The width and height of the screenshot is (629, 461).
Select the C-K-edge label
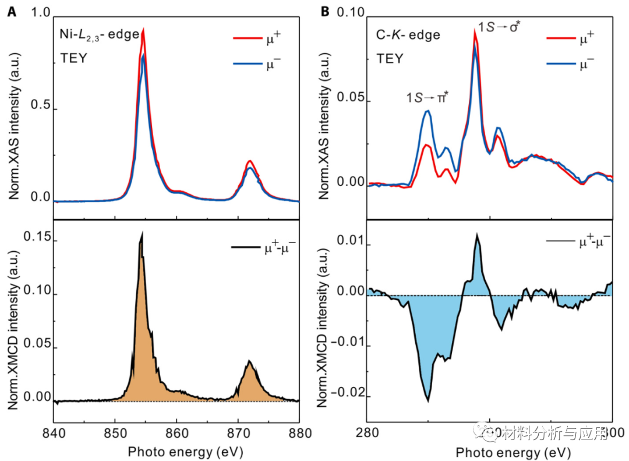(408, 35)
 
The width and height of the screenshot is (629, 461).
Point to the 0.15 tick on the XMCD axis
(37, 239)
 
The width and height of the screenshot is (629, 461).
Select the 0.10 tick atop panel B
(348, 14)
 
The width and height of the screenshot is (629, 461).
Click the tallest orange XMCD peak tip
(141, 234)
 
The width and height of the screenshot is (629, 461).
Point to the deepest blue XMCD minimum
(428, 400)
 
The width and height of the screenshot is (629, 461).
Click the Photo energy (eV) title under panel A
(185, 452)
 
